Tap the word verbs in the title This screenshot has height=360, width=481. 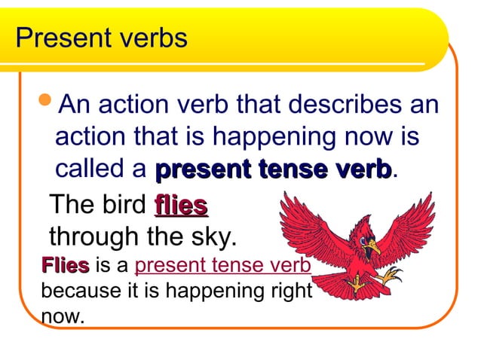point(149,38)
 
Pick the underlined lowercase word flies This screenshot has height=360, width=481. point(181,206)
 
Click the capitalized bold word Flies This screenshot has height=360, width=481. point(66,266)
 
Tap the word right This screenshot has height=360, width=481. point(292,290)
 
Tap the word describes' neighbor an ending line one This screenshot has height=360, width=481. point(424,105)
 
